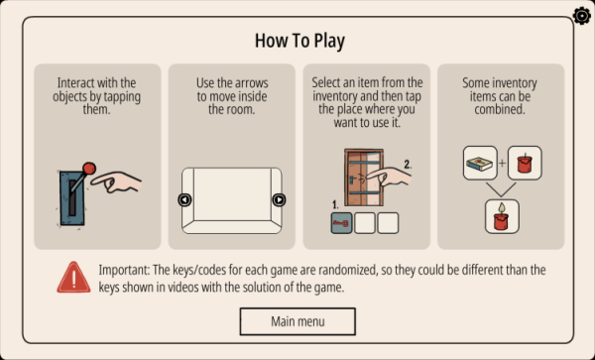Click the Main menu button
[x=297, y=321]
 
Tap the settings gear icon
[x=582, y=16]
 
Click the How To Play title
[x=299, y=41]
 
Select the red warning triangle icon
[x=73, y=278]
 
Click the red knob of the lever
[x=89, y=169]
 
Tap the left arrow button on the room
[x=184, y=200]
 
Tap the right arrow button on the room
[x=279, y=200]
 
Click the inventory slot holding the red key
[x=341, y=223]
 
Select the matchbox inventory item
[x=480, y=163]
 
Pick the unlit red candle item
[x=525, y=163]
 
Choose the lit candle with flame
[x=502, y=216]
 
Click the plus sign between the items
[x=503, y=163]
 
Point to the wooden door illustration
[x=364, y=178]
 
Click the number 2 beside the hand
[x=408, y=165]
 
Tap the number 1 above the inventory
[x=335, y=205]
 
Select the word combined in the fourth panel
[x=500, y=110]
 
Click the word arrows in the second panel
[x=251, y=83]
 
